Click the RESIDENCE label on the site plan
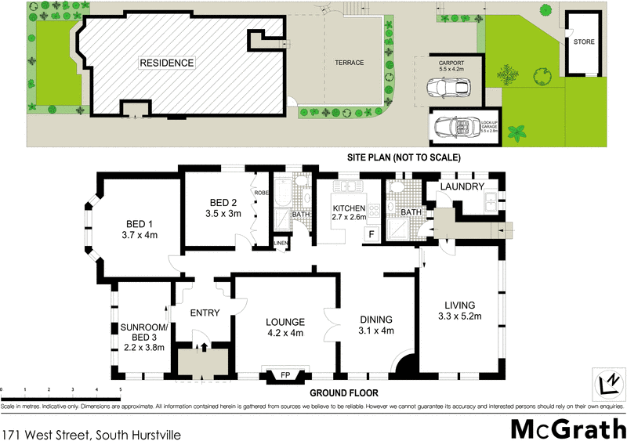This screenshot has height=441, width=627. tap(166, 63)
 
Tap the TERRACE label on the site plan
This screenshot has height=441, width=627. tap(349, 63)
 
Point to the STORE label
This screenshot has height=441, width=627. tap(583, 42)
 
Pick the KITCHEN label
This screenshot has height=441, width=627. tap(350, 208)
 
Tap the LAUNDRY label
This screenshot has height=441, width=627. tap(462, 186)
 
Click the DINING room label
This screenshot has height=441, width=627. tap(375, 320)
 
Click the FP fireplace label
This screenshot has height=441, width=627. tap(285, 375)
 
